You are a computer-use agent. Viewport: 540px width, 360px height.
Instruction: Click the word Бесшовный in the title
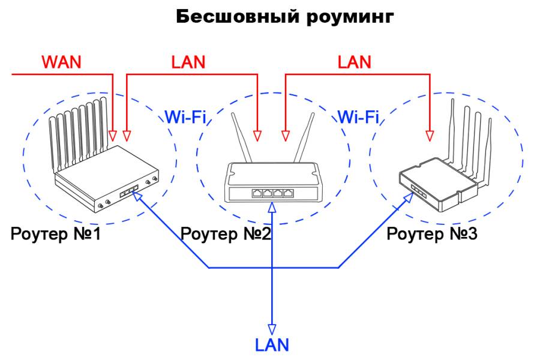(x=232, y=16)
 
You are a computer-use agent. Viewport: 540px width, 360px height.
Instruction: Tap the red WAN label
(x=61, y=62)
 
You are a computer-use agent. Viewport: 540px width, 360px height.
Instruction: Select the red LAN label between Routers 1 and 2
(x=188, y=62)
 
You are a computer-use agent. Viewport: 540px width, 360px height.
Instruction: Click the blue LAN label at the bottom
(x=272, y=344)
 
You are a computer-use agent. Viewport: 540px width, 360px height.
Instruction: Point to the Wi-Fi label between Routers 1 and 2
(x=185, y=116)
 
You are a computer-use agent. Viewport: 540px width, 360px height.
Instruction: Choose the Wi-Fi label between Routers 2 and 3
(x=358, y=116)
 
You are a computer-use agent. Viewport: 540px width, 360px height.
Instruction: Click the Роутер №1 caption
(x=56, y=233)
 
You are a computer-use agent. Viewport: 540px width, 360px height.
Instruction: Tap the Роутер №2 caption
(x=226, y=233)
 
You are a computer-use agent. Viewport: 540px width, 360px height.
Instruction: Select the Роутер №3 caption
(x=432, y=233)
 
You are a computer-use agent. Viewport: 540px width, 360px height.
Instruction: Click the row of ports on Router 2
(x=272, y=193)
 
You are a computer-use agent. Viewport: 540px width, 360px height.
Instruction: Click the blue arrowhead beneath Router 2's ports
(x=272, y=207)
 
